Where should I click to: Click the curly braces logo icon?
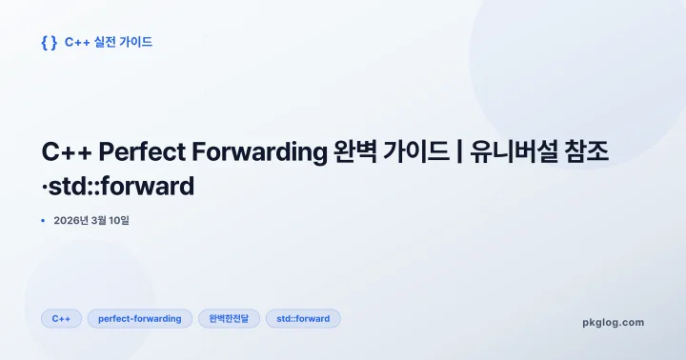(50, 42)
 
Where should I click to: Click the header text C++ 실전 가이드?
(109, 42)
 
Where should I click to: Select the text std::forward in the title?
(123, 186)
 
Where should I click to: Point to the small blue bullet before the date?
(44, 221)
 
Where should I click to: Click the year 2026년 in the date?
(71, 221)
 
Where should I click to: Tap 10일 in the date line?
(129, 221)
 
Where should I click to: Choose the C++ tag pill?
(61, 318)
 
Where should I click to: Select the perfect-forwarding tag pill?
(140, 318)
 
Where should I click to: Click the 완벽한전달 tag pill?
(229, 318)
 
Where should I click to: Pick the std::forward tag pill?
(303, 318)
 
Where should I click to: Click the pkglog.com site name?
(613, 322)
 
